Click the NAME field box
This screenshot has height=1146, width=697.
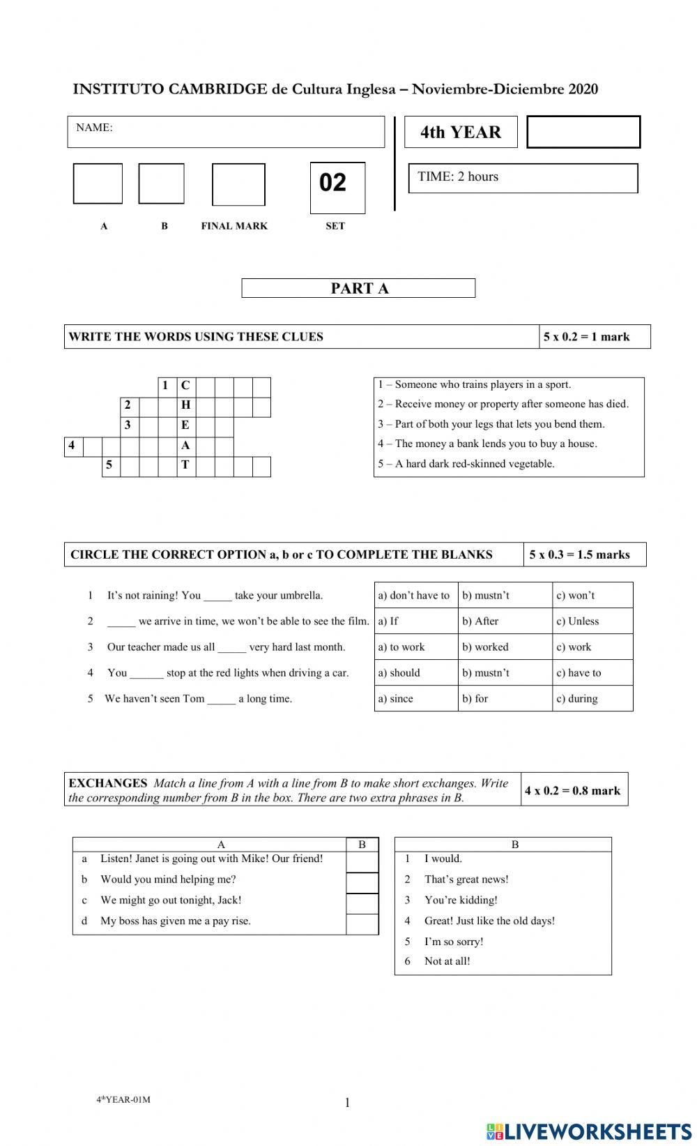click(226, 132)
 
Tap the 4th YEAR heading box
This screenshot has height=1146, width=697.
click(461, 132)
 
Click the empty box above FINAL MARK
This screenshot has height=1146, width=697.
click(238, 184)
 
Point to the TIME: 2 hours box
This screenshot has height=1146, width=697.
click(523, 178)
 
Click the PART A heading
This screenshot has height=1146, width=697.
click(358, 288)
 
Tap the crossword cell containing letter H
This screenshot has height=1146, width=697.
click(185, 405)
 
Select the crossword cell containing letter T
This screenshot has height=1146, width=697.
click(185, 465)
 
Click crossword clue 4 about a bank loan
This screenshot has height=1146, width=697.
click(488, 444)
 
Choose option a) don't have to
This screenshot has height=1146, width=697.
click(415, 595)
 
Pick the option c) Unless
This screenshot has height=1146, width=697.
click(579, 621)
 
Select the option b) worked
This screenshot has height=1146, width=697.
click(486, 647)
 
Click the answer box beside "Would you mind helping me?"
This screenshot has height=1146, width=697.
click(362, 882)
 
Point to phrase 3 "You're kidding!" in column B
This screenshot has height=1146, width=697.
click(460, 900)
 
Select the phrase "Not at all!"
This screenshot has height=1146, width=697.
click(447, 961)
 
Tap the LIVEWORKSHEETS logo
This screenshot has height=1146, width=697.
click(589, 1131)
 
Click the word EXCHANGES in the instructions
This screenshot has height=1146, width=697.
click(108, 783)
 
